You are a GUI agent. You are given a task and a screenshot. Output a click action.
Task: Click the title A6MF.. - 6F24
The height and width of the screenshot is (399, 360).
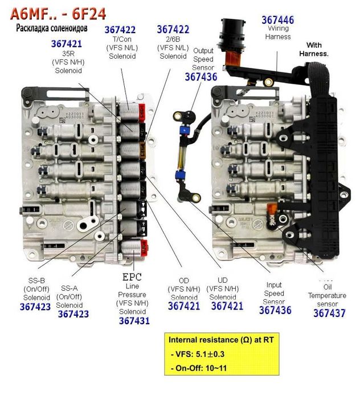click(58, 14)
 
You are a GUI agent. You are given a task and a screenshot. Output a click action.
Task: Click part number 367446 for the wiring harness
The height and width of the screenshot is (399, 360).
click(277, 20)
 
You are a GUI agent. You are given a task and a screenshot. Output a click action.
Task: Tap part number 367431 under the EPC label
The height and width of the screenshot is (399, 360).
click(134, 320)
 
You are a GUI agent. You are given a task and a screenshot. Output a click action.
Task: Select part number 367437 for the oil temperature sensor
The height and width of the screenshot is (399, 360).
click(329, 313)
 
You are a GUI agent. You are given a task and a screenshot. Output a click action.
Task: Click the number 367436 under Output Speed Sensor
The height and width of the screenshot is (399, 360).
click(201, 77)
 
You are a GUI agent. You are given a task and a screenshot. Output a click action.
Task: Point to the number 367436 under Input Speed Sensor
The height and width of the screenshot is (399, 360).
click(275, 310)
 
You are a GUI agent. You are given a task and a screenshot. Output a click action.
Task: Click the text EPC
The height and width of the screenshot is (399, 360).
click(132, 277)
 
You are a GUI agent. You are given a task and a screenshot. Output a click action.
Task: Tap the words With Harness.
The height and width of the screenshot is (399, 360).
click(314, 50)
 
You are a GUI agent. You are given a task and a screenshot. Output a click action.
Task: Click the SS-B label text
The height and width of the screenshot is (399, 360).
click(36, 280)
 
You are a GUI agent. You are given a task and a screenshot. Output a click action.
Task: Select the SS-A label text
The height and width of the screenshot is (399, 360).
click(69, 288)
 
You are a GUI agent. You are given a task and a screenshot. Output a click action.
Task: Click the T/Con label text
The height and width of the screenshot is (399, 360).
click(122, 39)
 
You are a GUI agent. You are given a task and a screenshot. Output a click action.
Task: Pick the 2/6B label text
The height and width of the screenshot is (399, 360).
click(173, 39)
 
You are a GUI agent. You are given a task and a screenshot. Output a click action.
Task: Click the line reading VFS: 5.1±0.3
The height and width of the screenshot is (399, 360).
click(198, 354)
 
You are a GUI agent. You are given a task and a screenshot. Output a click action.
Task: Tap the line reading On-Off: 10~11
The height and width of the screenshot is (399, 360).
click(199, 368)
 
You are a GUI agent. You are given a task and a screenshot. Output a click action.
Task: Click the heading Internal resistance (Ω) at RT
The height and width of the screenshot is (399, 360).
click(221, 340)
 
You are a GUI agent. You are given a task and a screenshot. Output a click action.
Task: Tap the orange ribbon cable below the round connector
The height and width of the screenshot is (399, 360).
click(233, 58)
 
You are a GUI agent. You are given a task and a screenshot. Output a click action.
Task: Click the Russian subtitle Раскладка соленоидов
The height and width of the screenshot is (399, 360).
click(52, 28)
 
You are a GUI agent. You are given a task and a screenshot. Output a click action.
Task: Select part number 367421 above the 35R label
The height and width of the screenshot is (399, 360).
click(66, 44)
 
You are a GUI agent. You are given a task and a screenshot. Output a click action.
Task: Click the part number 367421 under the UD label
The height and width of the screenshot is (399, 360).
click(227, 306)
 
